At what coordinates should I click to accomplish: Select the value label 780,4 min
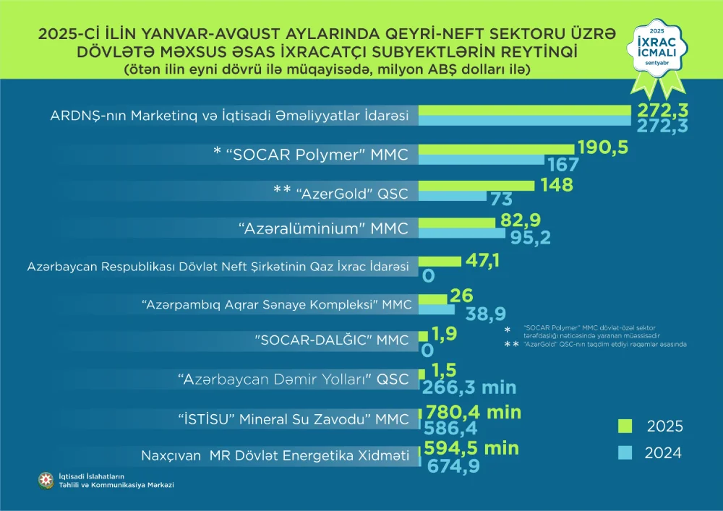point(474,412)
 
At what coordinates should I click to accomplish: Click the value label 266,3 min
point(475,387)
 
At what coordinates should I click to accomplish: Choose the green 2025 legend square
point(626,425)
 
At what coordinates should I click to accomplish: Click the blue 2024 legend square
point(626,453)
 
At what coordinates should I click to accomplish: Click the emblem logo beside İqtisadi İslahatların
point(46,480)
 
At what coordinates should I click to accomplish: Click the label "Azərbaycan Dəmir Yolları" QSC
point(293,379)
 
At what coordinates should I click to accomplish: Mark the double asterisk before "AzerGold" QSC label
point(281,189)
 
